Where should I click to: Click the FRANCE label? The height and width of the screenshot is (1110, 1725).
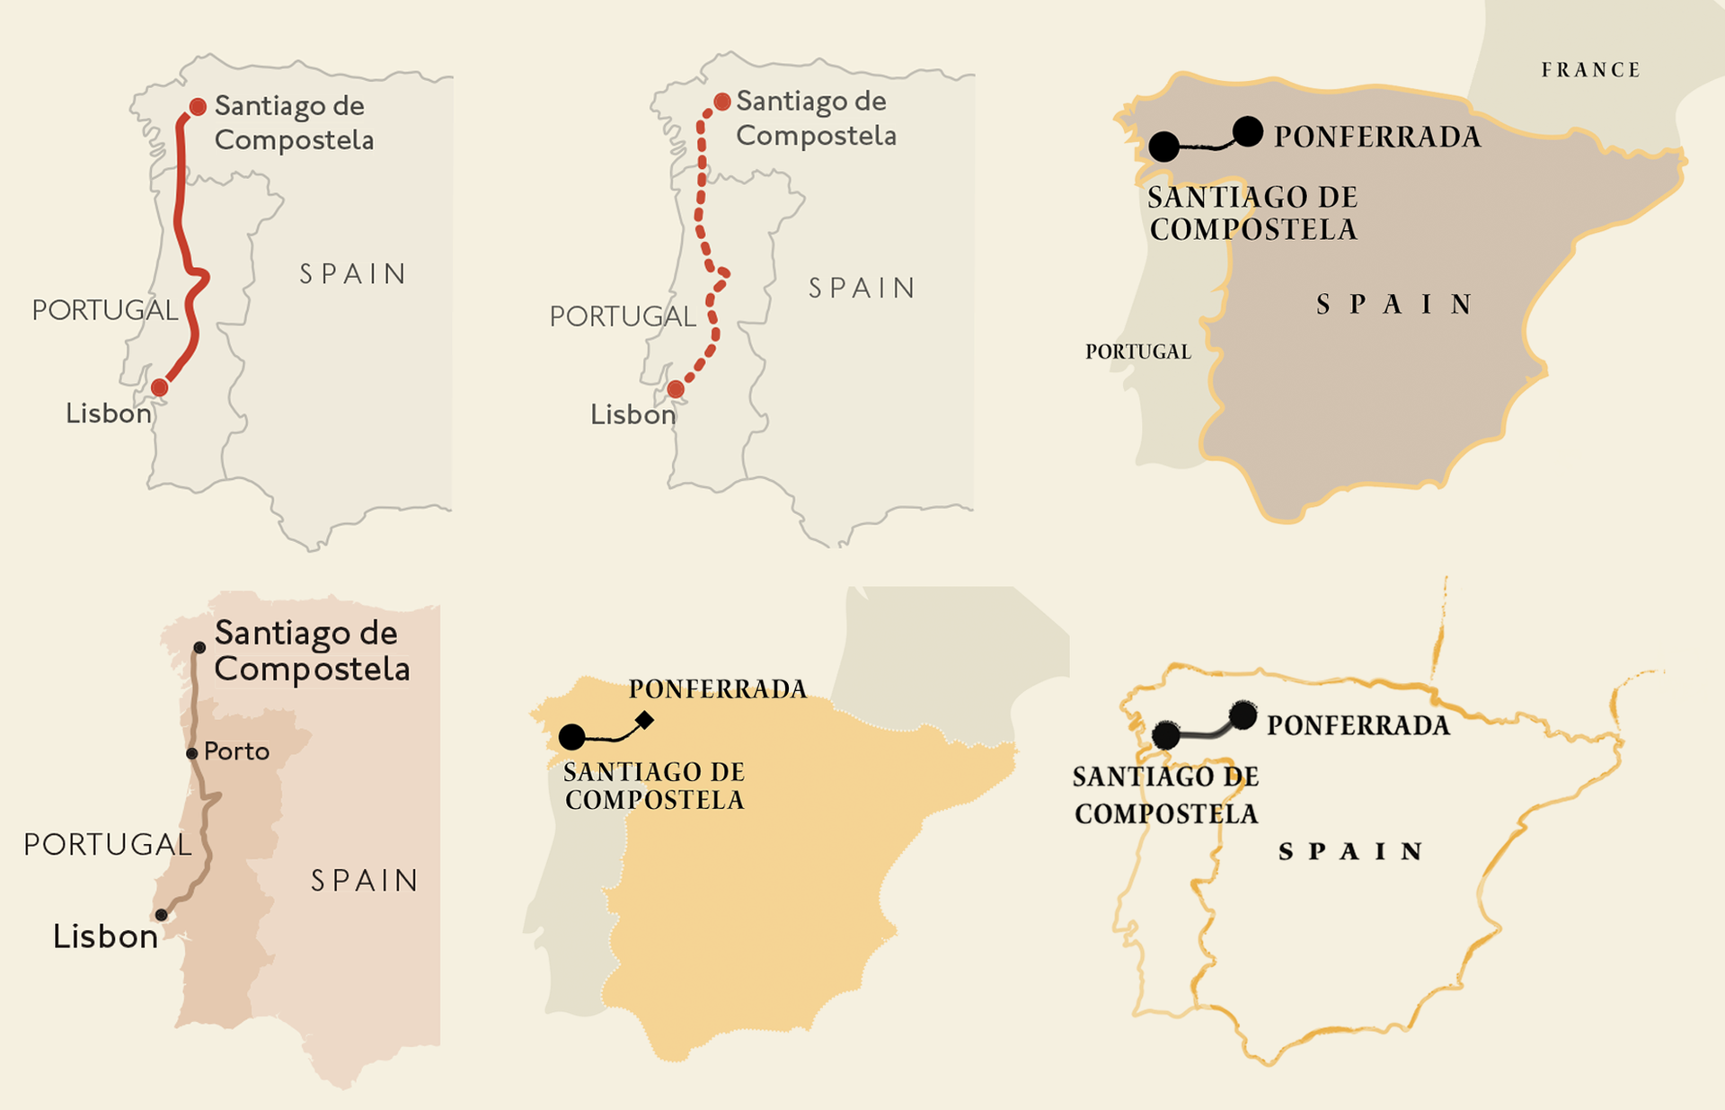1590,70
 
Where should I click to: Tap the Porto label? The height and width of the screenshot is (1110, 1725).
236,751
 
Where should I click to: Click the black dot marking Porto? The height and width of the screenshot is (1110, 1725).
191,753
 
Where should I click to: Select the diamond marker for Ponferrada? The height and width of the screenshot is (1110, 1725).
644,720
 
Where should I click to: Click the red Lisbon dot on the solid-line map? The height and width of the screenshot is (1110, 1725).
159,387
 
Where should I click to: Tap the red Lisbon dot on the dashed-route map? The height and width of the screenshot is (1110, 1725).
676,389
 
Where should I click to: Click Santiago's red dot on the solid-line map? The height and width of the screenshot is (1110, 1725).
198,106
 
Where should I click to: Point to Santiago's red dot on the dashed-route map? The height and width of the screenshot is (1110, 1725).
721,102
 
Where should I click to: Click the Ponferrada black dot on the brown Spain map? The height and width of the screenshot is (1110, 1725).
1248,131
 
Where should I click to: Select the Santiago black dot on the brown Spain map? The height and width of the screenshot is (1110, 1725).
1163,147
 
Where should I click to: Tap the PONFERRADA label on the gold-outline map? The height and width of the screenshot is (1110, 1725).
1358,725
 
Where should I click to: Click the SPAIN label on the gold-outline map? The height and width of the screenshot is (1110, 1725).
1350,851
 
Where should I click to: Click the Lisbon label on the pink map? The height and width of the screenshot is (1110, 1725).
105,937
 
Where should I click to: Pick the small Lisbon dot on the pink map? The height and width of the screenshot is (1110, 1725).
161,915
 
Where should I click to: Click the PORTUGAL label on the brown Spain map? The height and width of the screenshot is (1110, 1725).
1137,351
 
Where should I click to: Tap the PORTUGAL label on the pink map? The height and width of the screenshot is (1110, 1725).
107,844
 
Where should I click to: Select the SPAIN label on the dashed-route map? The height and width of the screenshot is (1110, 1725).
861,288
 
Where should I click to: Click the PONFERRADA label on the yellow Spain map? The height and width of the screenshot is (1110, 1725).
717,689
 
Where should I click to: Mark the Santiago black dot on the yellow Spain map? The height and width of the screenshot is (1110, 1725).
571,737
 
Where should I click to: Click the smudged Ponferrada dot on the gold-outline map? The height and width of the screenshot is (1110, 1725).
1243,715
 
